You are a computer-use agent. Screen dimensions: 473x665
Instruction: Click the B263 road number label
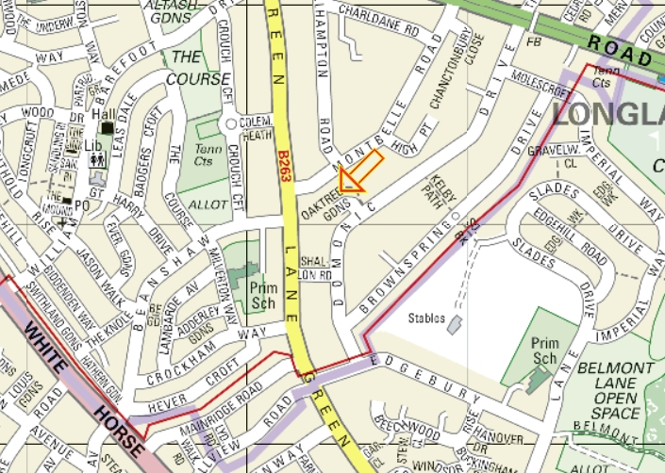(284, 164)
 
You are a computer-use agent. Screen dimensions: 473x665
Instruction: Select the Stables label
(426, 318)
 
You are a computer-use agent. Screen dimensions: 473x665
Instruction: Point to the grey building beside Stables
(455, 324)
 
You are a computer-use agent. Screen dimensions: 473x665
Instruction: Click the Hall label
(103, 114)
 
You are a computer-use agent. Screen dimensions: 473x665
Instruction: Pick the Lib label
(92, 145)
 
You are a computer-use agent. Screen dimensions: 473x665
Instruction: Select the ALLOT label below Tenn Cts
(208, 204)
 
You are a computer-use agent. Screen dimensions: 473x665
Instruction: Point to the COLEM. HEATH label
(256, 128)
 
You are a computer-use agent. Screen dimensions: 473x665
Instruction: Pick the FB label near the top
(535, 41)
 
